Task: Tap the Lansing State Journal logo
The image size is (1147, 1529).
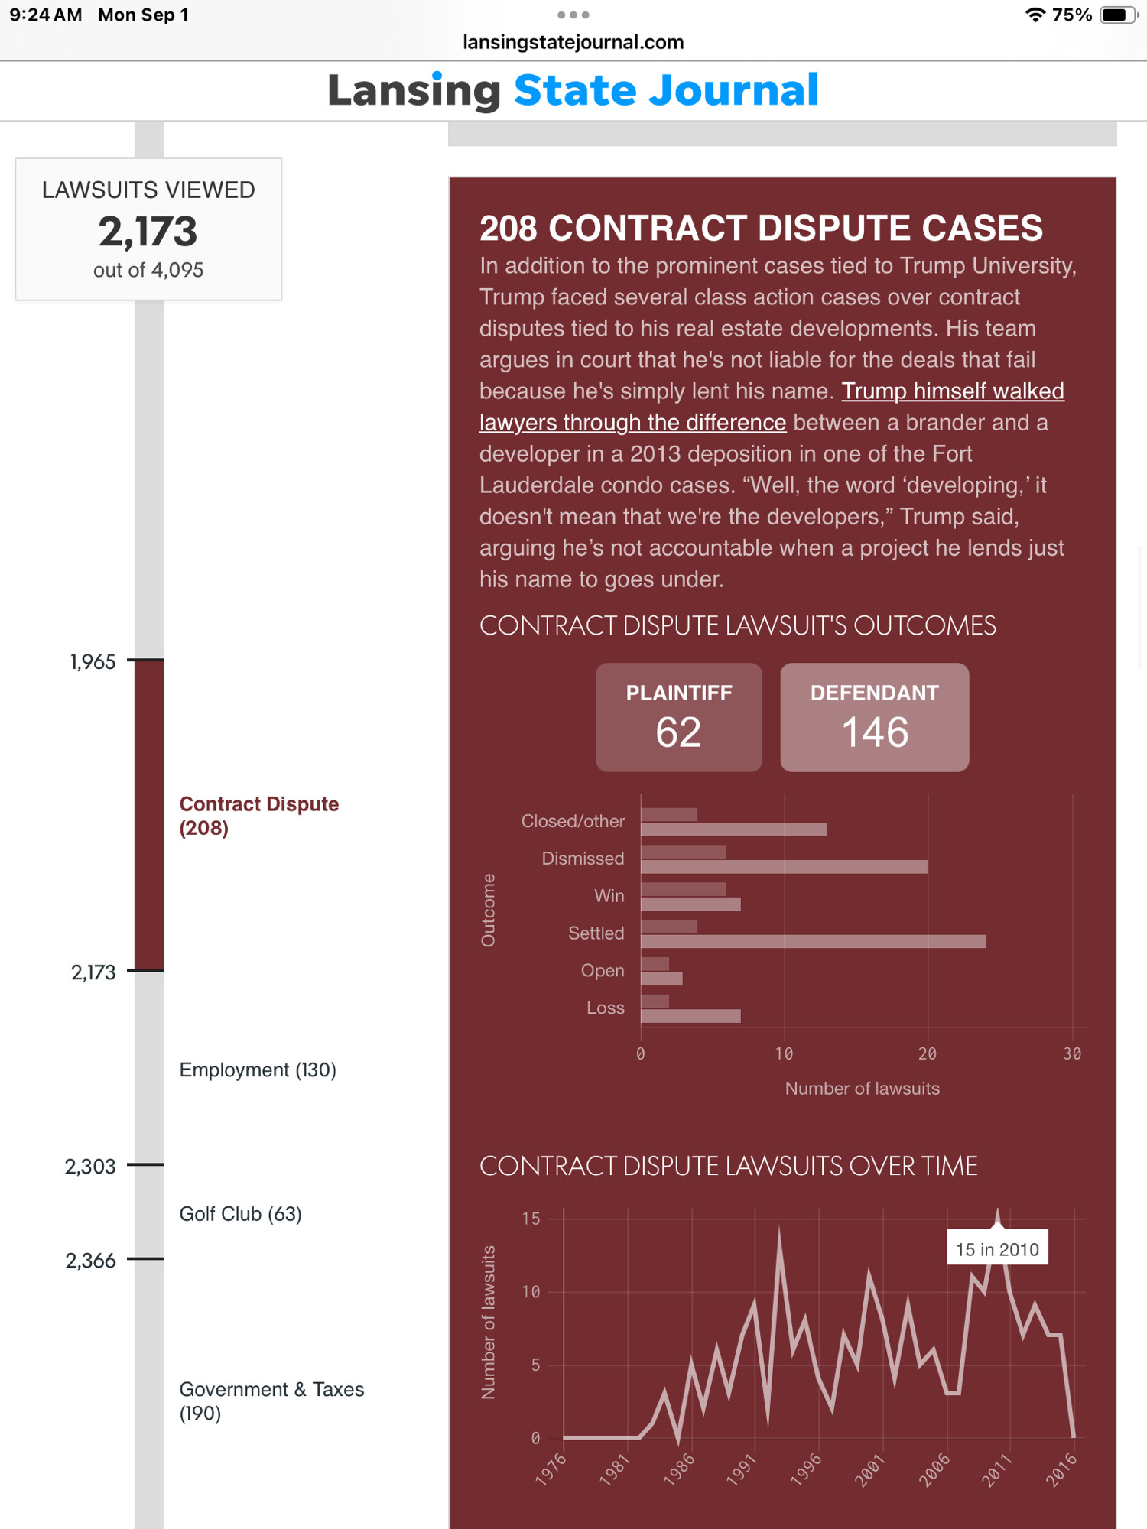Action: [x=573, y=90]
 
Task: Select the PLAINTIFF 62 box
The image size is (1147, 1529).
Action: [x=679, y=717]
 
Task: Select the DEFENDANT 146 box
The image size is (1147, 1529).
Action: [x=875, y=717]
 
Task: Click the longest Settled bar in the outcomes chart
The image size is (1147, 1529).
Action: [x=813, y=941]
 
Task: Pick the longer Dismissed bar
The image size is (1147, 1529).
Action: [x=784, y=867]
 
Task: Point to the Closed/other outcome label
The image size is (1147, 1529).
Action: [x=573, y=821]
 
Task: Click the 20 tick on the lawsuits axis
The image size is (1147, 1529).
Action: [x=927, y=1054]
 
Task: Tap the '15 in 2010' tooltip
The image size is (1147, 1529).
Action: [x=997, y=1248]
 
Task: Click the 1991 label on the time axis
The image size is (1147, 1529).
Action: [x=742, y=1469]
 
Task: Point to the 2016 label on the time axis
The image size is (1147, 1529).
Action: [x=1061, y=1469]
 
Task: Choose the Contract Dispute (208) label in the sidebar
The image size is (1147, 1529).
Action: [x=258, y=816]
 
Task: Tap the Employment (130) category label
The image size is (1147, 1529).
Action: [x=258, y=1070]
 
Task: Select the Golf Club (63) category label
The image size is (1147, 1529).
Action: [x=240, y=1214]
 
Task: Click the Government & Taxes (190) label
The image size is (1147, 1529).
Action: [x=271, y=1401]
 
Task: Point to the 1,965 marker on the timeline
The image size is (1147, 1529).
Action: [x=93, y=662]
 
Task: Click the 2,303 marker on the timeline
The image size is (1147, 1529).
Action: [x=90, y=1167]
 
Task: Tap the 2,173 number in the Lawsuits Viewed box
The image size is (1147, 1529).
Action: [x=148, y=231]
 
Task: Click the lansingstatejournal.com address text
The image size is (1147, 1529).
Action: [x=573, y=42]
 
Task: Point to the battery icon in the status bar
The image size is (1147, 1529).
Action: [x=1119, y=15]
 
